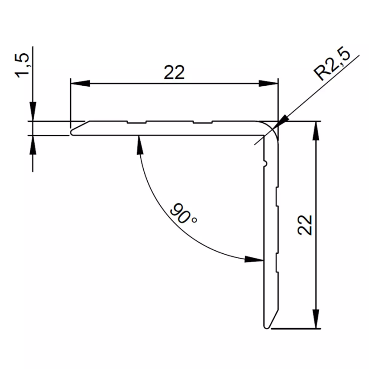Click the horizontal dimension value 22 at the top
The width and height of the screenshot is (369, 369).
pos(174,72)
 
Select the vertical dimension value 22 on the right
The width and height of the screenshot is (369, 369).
pos(306,224)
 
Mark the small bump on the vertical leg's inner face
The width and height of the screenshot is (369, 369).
pos(265,163)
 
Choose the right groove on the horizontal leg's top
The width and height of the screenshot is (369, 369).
pos(203,123)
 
